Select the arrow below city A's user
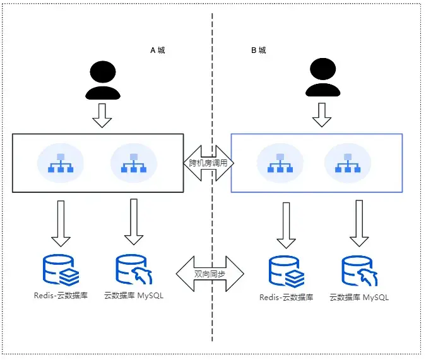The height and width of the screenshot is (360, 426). click(102, 114)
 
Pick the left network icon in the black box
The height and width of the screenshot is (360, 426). click(61, 163)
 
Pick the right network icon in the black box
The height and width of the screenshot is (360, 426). click(133, 163)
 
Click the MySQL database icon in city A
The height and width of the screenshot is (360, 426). click(133, 269)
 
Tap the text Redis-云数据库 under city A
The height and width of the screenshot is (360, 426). click(61, 295)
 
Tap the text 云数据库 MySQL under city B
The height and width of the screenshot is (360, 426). click(359, 297)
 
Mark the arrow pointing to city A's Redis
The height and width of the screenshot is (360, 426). click(61, 223)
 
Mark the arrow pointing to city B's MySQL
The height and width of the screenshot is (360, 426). click(359, 223)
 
